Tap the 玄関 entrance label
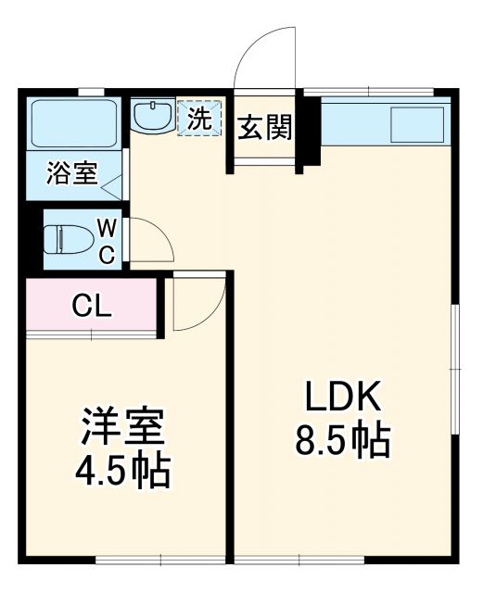pyautogui.click(x=266, y=128)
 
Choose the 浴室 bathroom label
pyautogui.click(x=72, y=174)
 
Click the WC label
pyautogui.click(x=108, y=240)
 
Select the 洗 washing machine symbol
pyautogui.click(x=200, y=118)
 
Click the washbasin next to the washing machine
pyautogui.click(x=151, y=117)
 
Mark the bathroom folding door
pyautogui.click(x=110, y=185)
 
